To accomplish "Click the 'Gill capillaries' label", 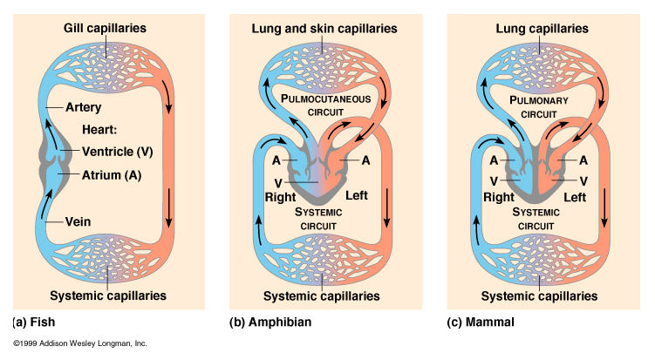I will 105,29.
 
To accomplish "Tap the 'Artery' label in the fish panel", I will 85,107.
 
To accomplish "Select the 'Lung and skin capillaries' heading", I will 324,29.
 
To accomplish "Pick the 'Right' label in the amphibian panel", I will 281,196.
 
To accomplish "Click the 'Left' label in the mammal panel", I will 575,197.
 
